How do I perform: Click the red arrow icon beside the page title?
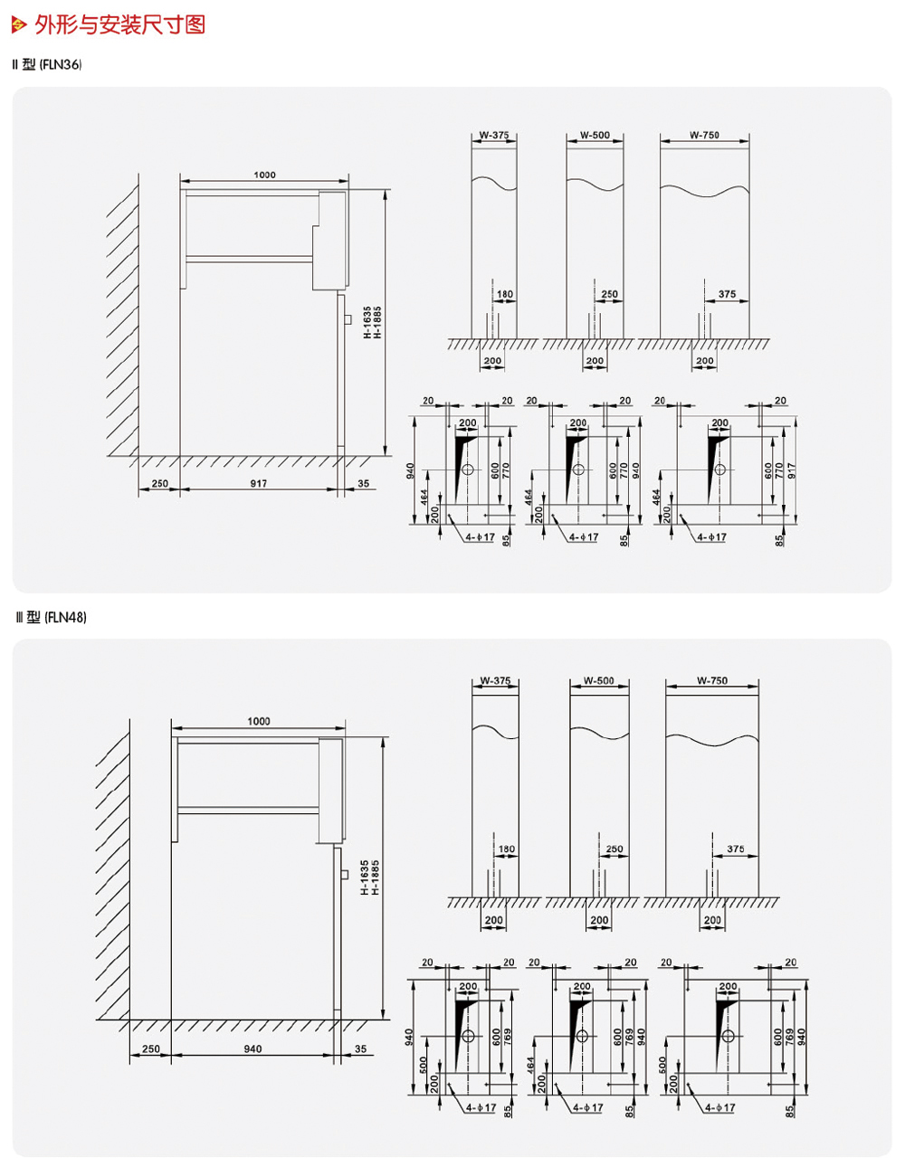pos(19,25)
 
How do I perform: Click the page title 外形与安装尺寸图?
pos(119,24)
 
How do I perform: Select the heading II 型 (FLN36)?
pos(47,64)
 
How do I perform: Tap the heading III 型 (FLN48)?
pos(52,617)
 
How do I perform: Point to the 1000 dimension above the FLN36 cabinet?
pos(264,175)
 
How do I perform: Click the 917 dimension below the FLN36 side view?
pos(259,484)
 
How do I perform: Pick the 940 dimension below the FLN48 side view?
pos(252,1049)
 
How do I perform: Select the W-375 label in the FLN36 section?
pos(494,136)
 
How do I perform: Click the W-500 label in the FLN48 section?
pos(599,681)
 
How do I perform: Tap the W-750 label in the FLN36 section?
pos(704,136)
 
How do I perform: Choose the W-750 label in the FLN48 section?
pos(712,681)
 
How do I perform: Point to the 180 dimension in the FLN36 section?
pos(504,294)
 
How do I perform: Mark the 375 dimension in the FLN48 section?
pos(736,849)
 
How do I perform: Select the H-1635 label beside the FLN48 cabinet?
pos(364,877)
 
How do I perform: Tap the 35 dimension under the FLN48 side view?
pos(360,1049)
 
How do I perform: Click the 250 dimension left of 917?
pos(159,484)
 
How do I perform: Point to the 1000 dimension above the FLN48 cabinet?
pos(259,721)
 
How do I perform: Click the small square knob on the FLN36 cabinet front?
pos(348,318)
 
